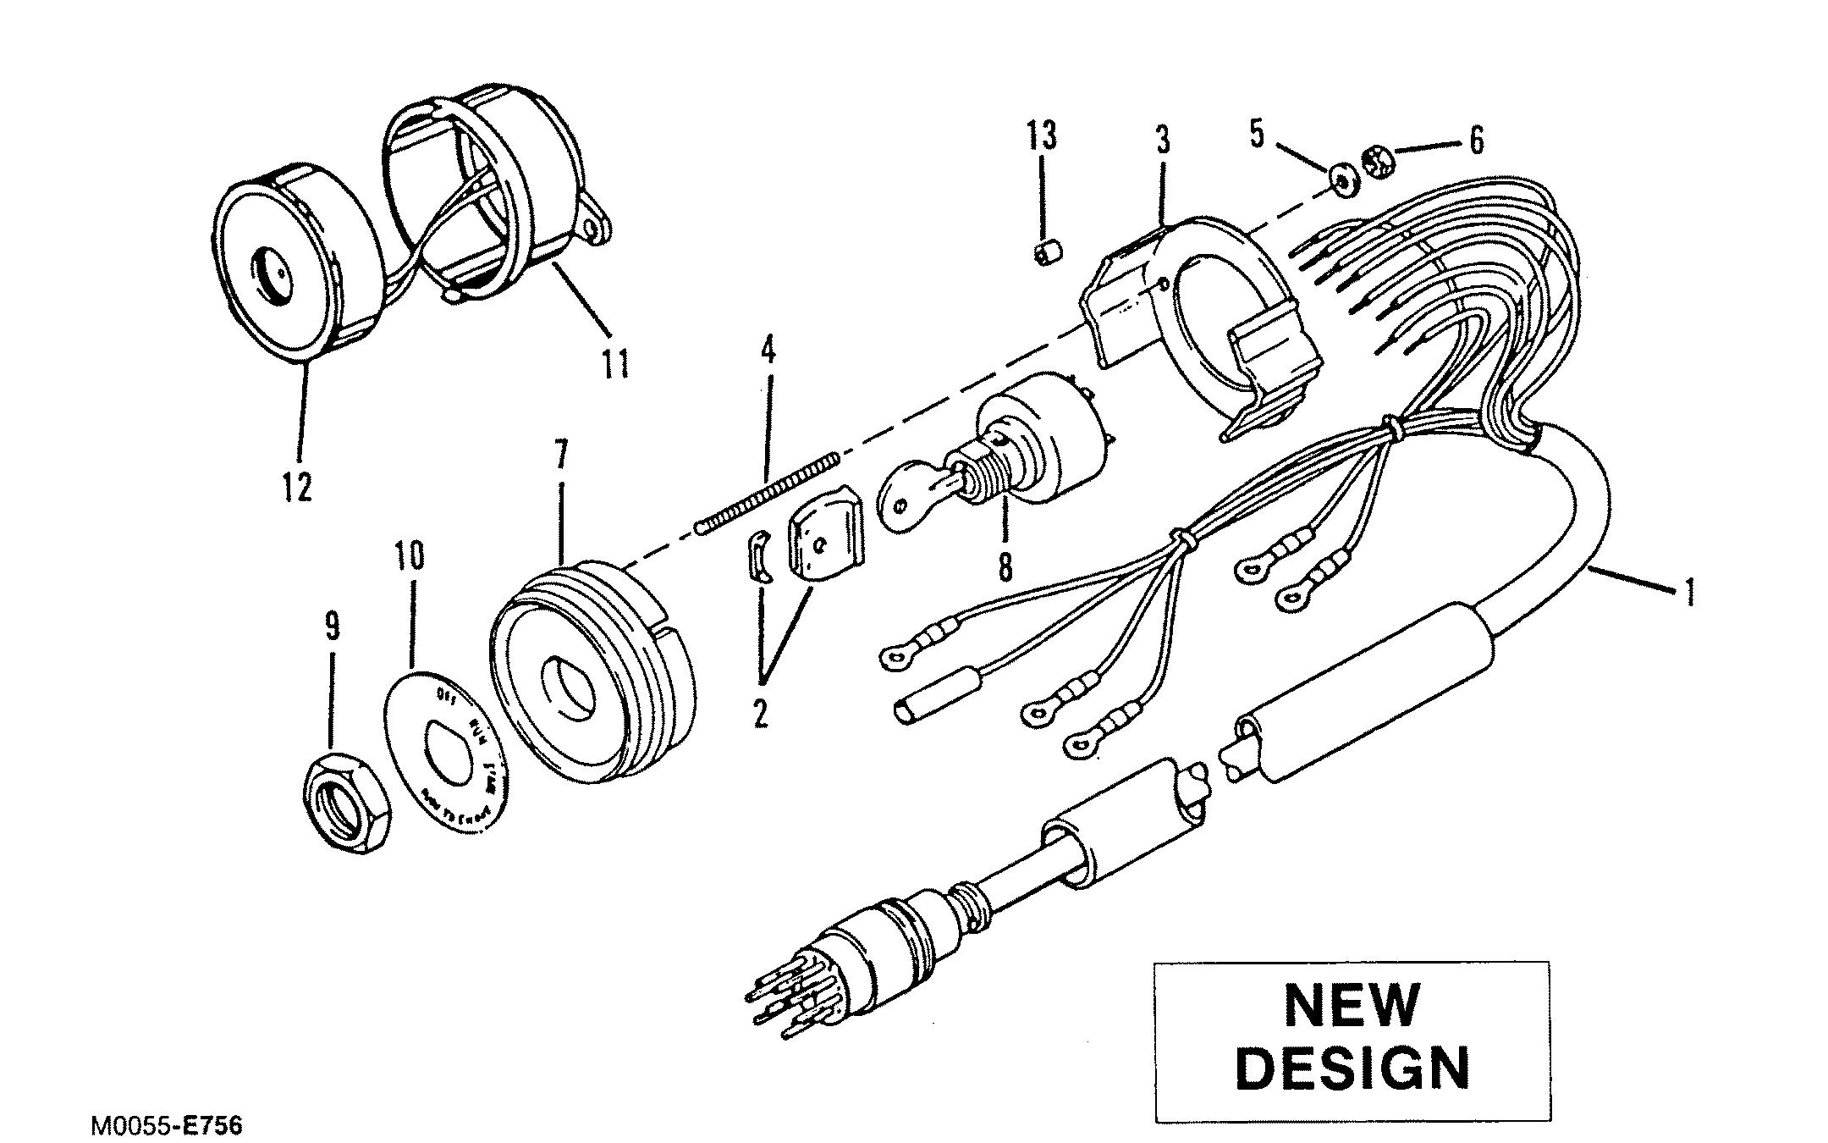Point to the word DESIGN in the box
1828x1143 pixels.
(x=1352, y=1068)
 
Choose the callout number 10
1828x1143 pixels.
(x=410, y=558)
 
